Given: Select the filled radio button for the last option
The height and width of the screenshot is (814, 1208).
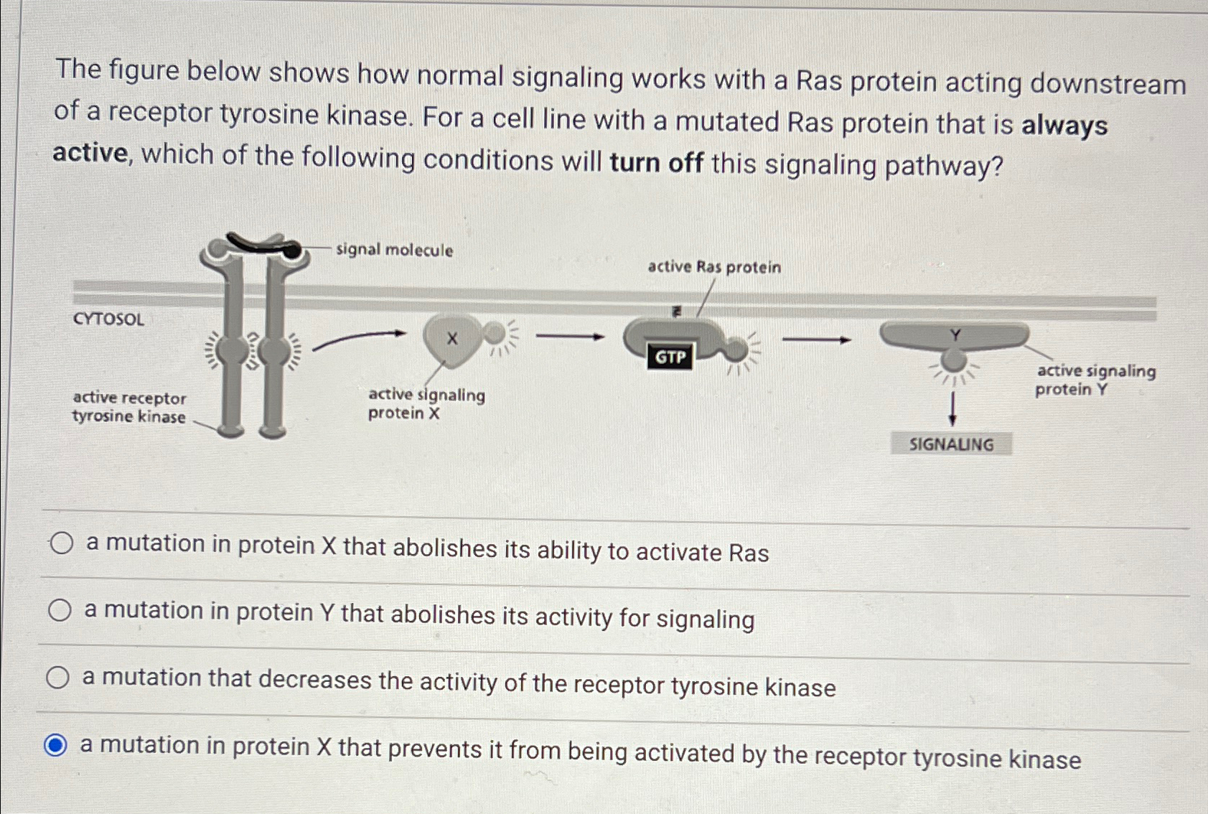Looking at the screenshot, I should pos(55,745).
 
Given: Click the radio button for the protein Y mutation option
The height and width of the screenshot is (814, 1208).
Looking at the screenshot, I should pos(60,610).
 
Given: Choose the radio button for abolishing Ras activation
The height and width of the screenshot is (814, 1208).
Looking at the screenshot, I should pos(62,543).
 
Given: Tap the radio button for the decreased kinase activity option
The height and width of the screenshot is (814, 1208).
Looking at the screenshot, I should pos(57,677).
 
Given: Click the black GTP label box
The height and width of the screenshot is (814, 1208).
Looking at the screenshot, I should pos(670,357).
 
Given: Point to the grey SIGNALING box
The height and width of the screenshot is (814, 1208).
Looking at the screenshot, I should pos(951,444).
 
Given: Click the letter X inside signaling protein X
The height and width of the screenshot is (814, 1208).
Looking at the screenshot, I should pos(452,338).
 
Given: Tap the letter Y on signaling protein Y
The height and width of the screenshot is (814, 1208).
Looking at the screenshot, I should pos(955,335).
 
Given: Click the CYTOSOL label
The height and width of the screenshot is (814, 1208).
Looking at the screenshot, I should pos(108,319).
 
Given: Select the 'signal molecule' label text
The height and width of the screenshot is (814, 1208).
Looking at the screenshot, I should pos(394,250).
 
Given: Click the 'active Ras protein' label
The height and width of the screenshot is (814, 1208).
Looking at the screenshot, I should pos(713,267).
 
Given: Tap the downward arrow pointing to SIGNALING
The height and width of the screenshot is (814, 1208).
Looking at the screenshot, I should pos(952,409).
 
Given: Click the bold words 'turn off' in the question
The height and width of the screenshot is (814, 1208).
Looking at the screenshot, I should pos(655,163).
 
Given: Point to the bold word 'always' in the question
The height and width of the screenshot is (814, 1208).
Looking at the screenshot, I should pos(1064,126).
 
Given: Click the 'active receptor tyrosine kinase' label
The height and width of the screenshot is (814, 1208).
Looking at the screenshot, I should pos(129,407).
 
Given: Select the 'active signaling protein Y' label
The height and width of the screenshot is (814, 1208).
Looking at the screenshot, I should pos(1095,380).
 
